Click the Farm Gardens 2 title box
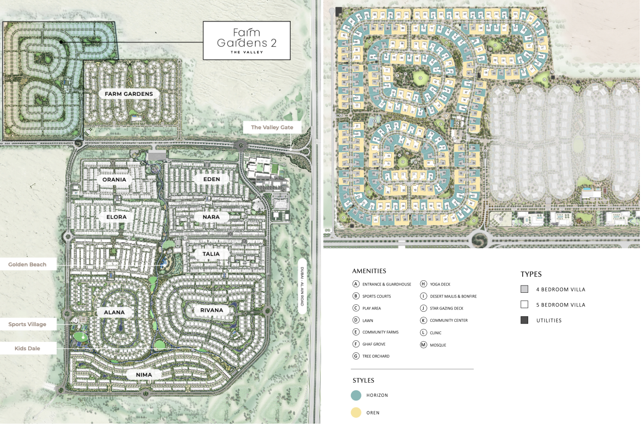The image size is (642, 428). pyautogui.click(x=247, y=41)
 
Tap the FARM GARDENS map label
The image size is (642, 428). pyautogui.click(x=129, y=94)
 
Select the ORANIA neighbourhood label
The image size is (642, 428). pyautogui.click(x=114, y=179)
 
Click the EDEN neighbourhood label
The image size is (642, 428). pyautogui.click(x=211, y=179)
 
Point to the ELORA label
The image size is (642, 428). pyautogui.click(x=116, y=217)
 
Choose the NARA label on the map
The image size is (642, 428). pyautogui.click(x=211, y=217)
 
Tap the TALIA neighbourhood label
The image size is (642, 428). pyautogui.click(x=211, y=254)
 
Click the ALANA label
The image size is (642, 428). pyautogui.click(x=114, y=312)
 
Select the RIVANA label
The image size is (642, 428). pyautogui.click(x=211, y=310)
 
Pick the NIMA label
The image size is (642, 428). pyautogui.click(x=144, y=374)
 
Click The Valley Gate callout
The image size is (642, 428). pyautogui.click(x=272, y=127)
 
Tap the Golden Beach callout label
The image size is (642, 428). pyautogui.click(x=27, y=265)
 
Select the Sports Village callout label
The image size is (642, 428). pyautogui.click(x=27, y=324)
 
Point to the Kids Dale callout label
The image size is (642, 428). pyautogui.click(x=27, y=348)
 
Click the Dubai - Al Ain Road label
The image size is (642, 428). pyautogui.click(x=302, y=286)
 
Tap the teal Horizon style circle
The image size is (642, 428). pyautogui.click(x=356, y=395)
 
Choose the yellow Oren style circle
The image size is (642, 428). pyautogui.click(x=356, y=413)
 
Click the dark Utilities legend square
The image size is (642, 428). pyautogui.click(x=524, y=320)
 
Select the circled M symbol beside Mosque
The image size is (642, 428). pyautogui.click(x=423, y=345)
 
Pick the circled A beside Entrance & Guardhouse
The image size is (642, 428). pyautogui.click(x=356, y=284)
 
